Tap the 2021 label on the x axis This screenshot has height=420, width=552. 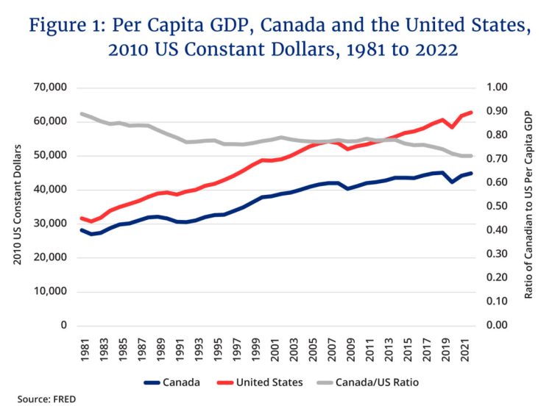(464, 350)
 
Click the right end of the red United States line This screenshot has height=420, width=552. (471, 112)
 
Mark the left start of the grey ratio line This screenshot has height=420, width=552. (82, 114)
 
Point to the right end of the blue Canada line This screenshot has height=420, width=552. (471, 174)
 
